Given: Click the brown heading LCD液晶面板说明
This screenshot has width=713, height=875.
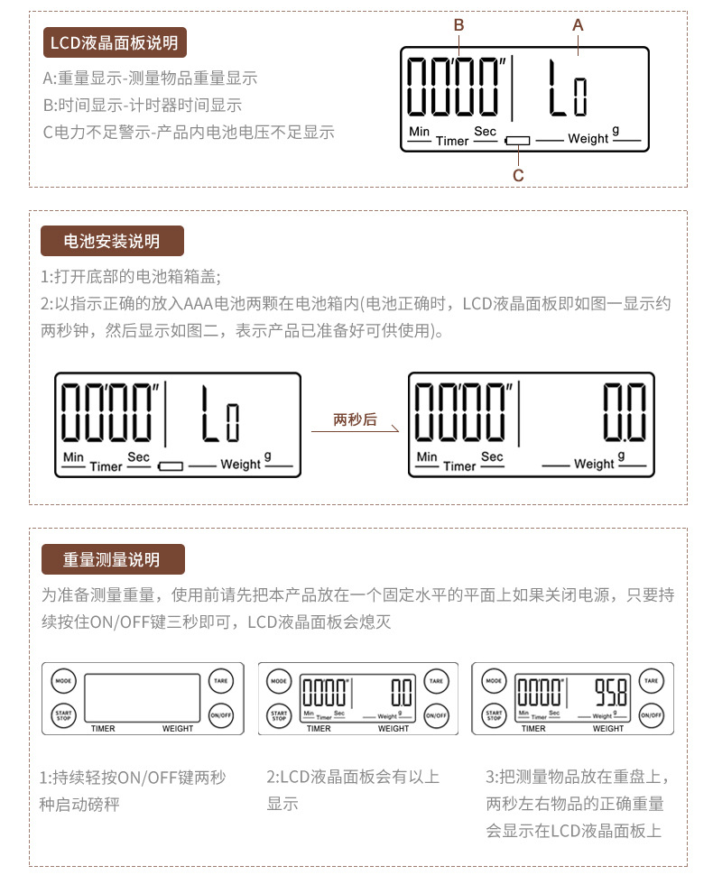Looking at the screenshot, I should point(114,42).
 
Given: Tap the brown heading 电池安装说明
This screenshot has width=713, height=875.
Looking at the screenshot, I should point(112,242).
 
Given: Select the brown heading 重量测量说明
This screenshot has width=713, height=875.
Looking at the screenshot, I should point(112,559).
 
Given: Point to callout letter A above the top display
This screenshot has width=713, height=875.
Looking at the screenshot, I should point(579,25).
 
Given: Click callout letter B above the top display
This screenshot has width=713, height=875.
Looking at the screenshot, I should point(458,25).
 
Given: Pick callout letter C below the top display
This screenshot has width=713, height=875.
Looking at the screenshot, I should point(518,175).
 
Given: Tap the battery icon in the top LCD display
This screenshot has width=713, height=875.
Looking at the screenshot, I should point(518,142).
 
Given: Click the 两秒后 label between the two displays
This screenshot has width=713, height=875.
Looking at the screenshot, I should point(355,419).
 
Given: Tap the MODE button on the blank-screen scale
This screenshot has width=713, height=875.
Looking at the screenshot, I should point(62,680).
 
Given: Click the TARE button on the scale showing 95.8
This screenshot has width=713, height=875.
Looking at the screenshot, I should point(651,680).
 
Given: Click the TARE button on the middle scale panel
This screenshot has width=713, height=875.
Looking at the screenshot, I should point(436,680).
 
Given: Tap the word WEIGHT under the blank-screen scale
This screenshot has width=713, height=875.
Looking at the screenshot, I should point(178,729).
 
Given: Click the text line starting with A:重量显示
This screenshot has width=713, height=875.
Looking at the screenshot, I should point(150,78).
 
